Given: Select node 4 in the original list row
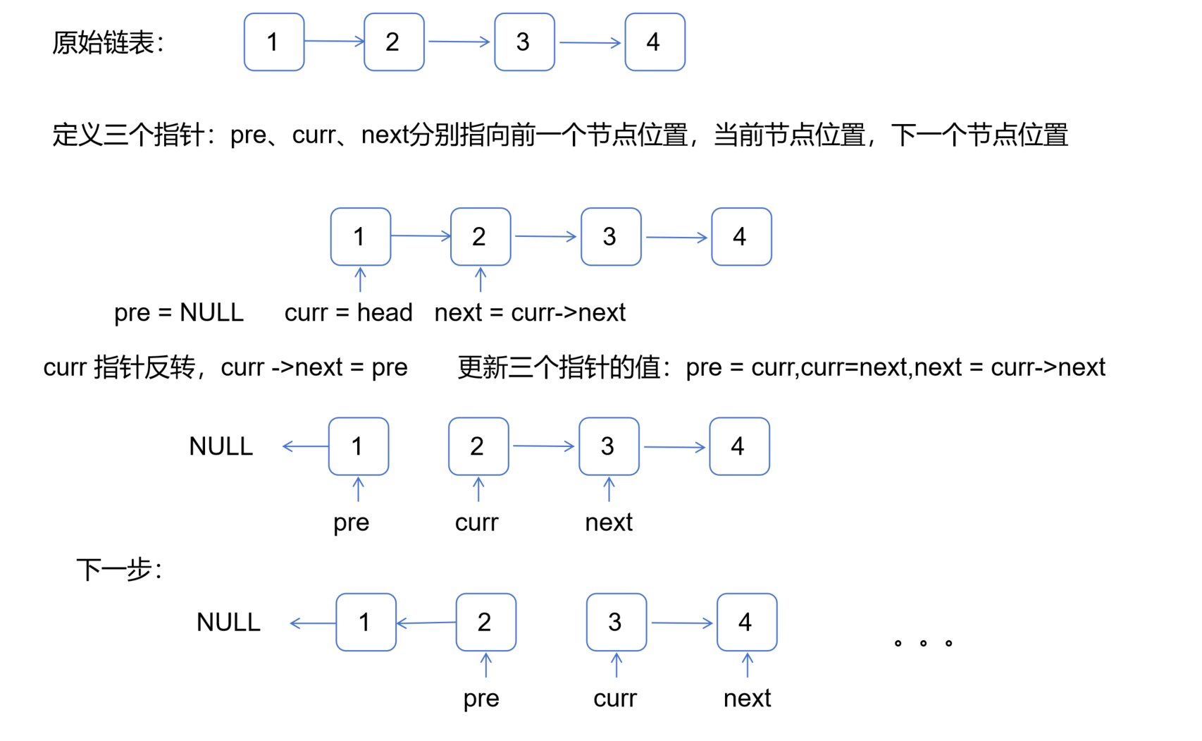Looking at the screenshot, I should (x=655, y=42).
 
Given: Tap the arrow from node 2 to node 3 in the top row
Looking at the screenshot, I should (x=459, y=42).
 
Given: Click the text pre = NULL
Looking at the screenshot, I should (x=179, y=312).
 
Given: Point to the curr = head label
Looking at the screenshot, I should (x=348, y=312).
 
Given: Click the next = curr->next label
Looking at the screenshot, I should (x=530, y=312).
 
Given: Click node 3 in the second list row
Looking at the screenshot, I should (x=610, y=237).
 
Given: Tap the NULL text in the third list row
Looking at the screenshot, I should (x=221, y=446).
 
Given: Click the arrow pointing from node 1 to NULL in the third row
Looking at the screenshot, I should (x=305, y=446).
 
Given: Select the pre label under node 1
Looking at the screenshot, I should (x=351, y=523).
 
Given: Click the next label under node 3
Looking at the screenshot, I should (x=609, y=522).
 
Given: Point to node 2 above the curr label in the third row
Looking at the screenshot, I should (x=478, y=446).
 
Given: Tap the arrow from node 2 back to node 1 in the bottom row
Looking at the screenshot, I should (x=426, y=623).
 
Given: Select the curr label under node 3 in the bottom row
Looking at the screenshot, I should (x=614, y=698).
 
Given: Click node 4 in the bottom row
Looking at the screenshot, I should (x=746, y=623).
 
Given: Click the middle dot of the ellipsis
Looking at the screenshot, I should (x=923, y=643).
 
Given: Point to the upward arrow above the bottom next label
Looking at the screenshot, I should (x=747, y=666).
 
